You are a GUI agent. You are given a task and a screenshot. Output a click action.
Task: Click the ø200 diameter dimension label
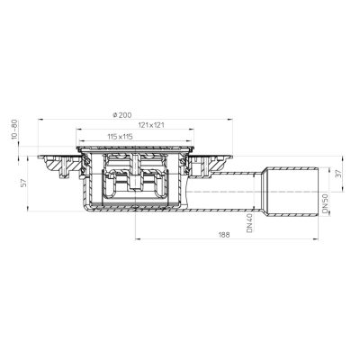[x=121, y=114]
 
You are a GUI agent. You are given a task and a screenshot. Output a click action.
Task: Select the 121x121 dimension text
[x=151, y=125]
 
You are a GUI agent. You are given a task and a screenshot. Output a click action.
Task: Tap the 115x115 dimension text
[x=120, y=137]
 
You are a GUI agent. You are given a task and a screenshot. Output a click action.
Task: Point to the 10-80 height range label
[x=14, y=130]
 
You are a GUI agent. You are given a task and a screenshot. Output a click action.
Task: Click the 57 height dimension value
[x=24, y=183]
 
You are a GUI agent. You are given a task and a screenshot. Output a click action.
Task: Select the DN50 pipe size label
[x=325, y=204]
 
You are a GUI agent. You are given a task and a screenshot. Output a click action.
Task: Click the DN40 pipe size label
[x=249, y=223]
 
